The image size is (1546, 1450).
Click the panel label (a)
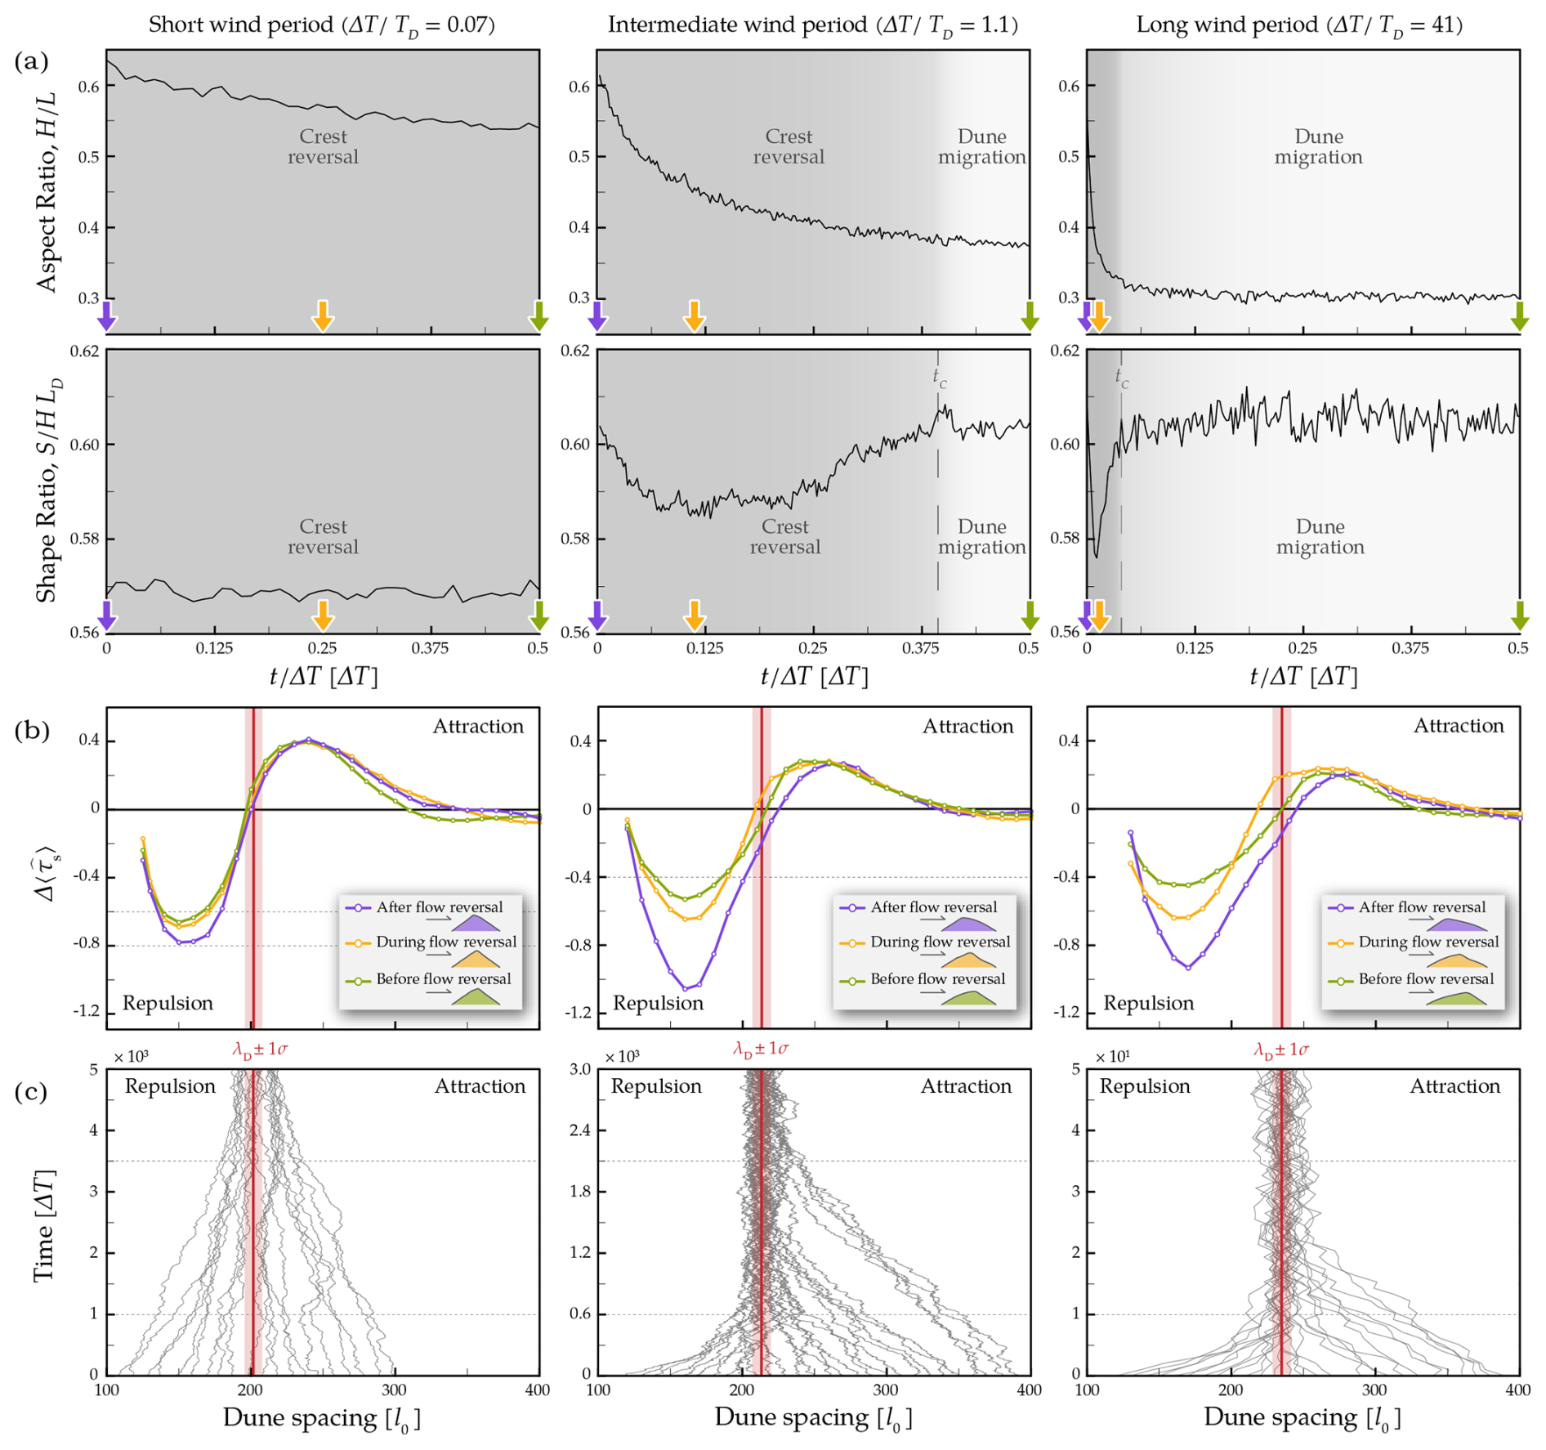coord(31,61)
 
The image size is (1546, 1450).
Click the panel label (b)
coord(32,730)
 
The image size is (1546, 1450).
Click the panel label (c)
coord(31,1092)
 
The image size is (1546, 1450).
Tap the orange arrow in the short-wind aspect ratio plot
coord(323,315)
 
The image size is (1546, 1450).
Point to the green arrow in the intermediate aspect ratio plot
coord(1030,315)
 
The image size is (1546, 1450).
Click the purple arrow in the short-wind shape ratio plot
coord(107,615)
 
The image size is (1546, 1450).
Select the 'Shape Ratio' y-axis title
coord(47,490)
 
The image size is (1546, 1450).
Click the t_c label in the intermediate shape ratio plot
coord(940,377)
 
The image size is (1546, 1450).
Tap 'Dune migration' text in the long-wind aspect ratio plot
coord(1318,147)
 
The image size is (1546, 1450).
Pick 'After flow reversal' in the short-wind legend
coord(440,907)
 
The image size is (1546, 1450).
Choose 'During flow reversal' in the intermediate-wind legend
coord(940,942)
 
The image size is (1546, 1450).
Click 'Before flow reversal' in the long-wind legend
coord(1426,978)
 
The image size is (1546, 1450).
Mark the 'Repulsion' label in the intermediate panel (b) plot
coord(658,1003)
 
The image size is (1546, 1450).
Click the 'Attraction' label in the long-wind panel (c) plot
coord(1454,1086)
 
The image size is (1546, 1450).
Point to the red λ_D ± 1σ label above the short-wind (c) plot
coord(260,1049)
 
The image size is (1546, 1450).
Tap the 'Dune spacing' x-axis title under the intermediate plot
coord(812,1417)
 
